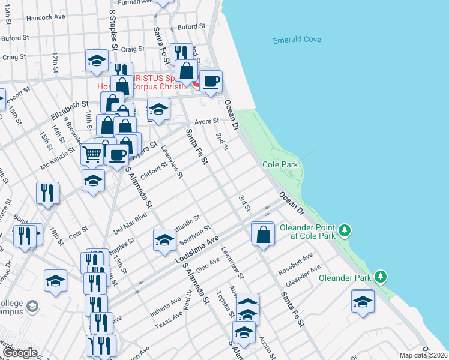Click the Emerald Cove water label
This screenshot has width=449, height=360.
pyautogui.click(x=297, y=40)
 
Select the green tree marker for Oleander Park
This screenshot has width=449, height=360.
pyautogui.click(x=380, y=277)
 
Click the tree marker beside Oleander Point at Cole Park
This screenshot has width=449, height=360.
pyautogui.click(x=344, y=230)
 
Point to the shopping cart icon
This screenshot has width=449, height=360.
pyautogui.click(x=92, y=154)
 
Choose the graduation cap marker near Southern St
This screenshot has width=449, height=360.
pyautogui.click(x=164, y=240)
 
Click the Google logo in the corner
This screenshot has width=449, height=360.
pyautogui.click(x=20, y=353)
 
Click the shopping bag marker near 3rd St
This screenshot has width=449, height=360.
pyautogui.click(x=264, y=233)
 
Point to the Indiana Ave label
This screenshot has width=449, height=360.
pyautogui.click(x=165, y=303)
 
